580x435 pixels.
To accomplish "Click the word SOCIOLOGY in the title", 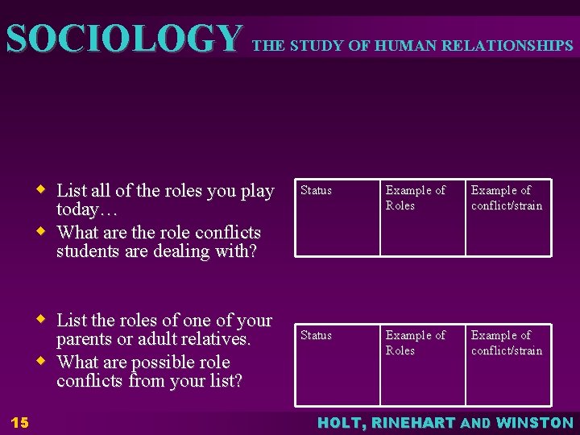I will tap(123, 38).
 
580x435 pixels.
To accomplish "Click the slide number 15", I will tap(20, 422).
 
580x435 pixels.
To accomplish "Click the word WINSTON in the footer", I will tap(535, 422).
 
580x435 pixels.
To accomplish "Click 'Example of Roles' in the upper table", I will tap(415, 198).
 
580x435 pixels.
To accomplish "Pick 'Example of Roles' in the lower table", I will tap(415, 343).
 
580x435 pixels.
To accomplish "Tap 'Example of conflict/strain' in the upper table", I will tap(507, 198).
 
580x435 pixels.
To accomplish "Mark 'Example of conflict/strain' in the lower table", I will tap(507, 343).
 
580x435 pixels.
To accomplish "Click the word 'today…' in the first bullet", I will tap(84, 211).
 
